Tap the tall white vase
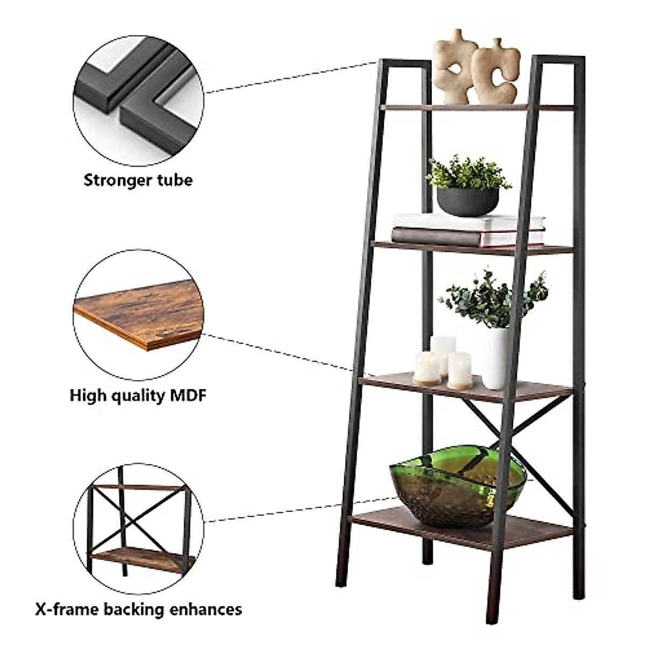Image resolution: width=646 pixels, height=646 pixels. [x=496, y=357]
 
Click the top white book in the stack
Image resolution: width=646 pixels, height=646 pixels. [x=468, y=221]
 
